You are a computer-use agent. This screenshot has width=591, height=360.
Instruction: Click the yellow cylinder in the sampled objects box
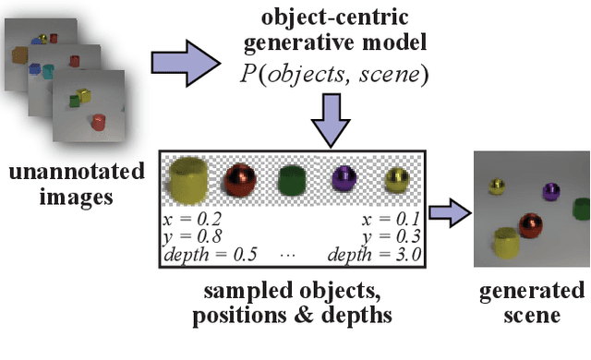tap(187, 180)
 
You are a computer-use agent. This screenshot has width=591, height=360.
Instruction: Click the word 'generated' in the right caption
tap(531, 293)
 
